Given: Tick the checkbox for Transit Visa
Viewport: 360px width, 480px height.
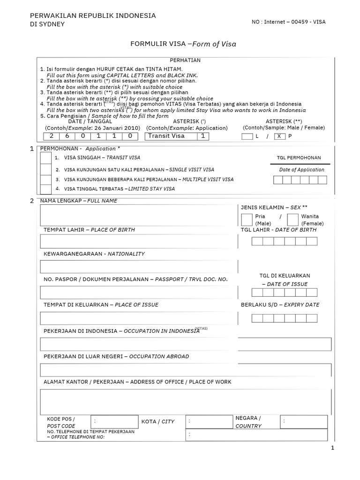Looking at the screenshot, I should point(46,158).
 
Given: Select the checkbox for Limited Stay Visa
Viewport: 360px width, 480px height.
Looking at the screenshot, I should point(46,189).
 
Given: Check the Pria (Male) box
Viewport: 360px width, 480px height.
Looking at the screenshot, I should point(246,219).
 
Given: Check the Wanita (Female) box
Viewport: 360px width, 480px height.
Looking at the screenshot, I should point(292,219).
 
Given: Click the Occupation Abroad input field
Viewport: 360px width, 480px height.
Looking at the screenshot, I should point(186,370).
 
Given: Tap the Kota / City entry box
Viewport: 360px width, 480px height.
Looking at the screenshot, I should point(209,421).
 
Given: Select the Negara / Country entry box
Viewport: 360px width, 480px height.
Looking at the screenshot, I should point(305,421).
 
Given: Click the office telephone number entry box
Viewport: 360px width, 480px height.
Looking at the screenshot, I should point(256,435).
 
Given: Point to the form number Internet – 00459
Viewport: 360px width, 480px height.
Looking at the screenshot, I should point(289,22).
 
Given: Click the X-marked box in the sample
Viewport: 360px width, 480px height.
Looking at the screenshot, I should point(279,136).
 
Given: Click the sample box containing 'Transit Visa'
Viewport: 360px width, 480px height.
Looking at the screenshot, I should point(171,136).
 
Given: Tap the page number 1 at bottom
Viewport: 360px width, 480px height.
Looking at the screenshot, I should point(332,449).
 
